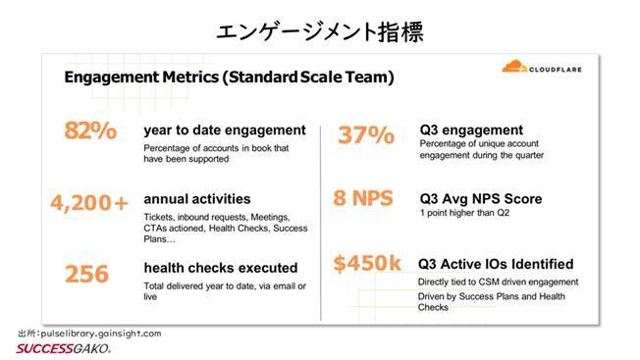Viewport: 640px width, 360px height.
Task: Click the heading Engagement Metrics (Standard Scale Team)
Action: (x=229, y=77)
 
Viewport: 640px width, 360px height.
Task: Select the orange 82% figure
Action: (x=90, y=131)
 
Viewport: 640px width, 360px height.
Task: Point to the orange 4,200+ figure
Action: (x=89, y=203)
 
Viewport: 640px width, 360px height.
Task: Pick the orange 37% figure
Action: (x=366, y=136)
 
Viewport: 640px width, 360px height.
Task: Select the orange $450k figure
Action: (x=368, y=265)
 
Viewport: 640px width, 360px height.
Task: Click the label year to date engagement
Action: (x=224, y=130)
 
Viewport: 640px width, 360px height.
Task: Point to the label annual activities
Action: (x=196, y=199)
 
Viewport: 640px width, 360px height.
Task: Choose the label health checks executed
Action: (x=220, y=268)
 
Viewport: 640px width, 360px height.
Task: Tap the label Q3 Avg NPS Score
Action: (x=480, y=199)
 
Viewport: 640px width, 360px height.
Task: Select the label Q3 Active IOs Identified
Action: (x=496, y=265)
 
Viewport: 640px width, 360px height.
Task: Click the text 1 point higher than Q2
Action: (x=471, y=215)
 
